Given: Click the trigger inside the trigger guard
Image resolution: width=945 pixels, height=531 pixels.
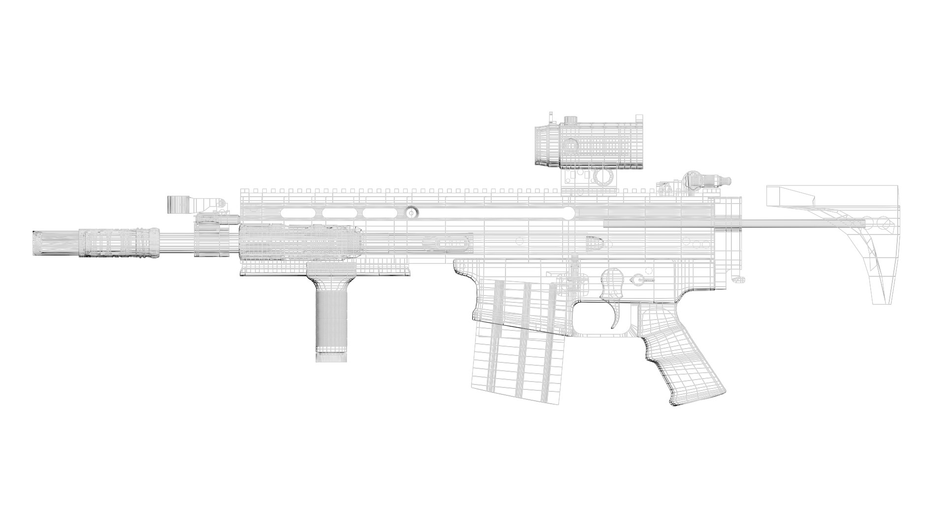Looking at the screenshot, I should [x=615, y=315].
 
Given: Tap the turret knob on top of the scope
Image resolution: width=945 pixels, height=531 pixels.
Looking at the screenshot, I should [x=570, y=120].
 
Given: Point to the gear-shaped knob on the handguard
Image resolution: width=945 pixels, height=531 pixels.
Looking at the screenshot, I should [x=411, y=212].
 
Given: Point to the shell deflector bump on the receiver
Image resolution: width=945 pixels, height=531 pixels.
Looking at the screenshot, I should [x=597, y=242].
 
